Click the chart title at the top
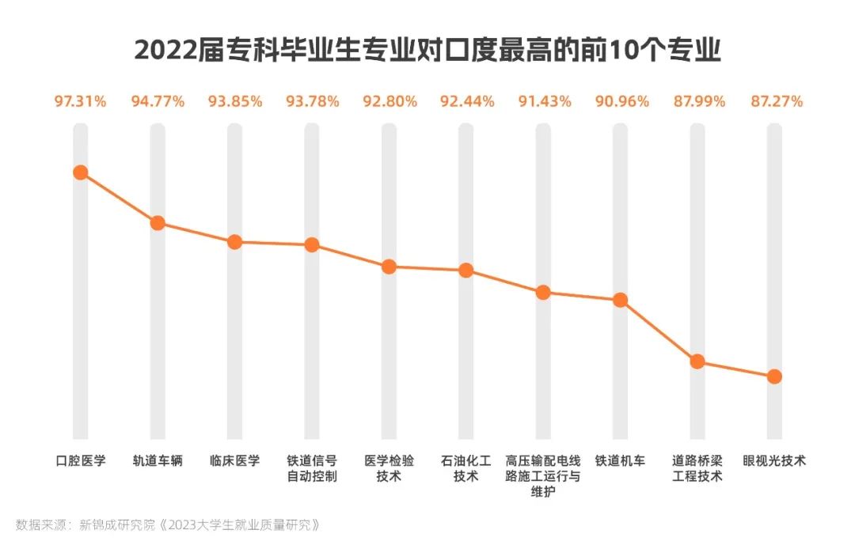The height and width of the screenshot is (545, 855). click(427, 50)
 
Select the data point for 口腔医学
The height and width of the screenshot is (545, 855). click(80, 172)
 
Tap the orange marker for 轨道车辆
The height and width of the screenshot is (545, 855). click(158, 223)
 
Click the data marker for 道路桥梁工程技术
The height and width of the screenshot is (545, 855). click(697, 361)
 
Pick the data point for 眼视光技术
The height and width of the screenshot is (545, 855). click(774, 377)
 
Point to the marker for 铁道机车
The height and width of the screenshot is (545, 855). click(620, 300)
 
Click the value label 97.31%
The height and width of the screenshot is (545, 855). click(80, 101)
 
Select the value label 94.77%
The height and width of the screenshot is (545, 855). click(158, 101)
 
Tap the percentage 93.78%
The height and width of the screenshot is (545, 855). click(312, 101)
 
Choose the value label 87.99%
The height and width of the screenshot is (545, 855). click(697, 101)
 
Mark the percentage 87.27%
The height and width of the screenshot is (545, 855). click(774, 101)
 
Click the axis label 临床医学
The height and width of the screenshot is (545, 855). click(234, 461)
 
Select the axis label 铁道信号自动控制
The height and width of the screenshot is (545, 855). click(312, 469)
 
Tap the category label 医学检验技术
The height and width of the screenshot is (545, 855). click(389, 469)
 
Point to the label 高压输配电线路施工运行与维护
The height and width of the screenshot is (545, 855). click(543, 476)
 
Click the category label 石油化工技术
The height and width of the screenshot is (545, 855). click(466, 469)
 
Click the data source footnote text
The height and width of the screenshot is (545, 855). click(167, 524)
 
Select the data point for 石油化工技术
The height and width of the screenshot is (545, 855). click(466, 271)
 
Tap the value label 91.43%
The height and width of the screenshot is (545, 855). click(543, 101)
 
